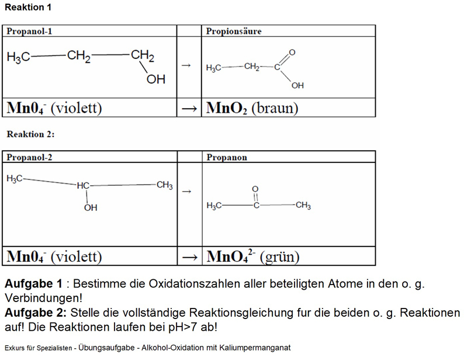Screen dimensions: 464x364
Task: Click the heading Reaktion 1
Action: click(x=28, y=7)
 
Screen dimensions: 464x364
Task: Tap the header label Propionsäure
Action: click(x=234, y=31)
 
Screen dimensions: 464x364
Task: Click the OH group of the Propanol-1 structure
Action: click(x=156, y=79)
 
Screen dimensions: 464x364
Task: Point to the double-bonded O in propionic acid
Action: click(x=292, y=53)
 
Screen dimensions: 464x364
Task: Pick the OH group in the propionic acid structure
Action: click(x=297, y=85)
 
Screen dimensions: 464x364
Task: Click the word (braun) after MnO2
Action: click(x=275, y=108)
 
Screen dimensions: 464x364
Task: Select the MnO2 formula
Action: click(x=226, y=108)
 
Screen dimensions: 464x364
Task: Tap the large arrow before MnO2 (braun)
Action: click(x=189, y=108)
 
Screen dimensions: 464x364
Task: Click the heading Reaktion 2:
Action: click(x=31, y=134)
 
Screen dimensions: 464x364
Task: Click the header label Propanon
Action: click(x=227, y=157)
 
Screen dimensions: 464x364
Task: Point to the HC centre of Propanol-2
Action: click(x=83, y=186)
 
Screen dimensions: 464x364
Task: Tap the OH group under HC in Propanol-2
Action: click(x=91, y=208)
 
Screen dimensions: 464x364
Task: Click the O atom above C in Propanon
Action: click(x=255, y=189)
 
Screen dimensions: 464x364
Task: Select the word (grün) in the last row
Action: click(x=280, y=256)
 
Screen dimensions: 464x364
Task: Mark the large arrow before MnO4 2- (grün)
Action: click(x=190, y=257)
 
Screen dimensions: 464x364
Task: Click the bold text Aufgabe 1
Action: click(x=33, y=283)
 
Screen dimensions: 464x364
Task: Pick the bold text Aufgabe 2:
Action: click(x=36, y=313)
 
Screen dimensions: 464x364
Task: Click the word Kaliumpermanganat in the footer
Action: click(x=255, y=348)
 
